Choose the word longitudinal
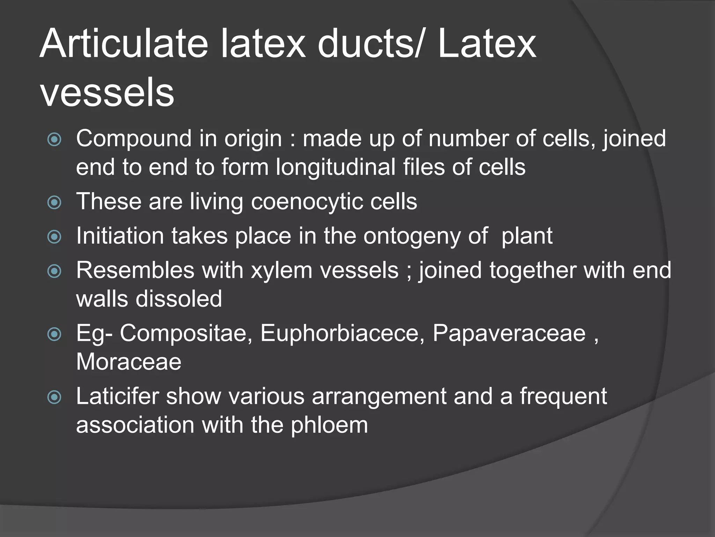point(336,167)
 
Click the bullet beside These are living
point(54,202)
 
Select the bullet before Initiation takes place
point(54,237)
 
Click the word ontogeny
point(412,237)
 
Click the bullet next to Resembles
point(54,271)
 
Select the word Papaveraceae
point(509,333)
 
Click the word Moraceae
point(129,361)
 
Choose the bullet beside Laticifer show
point(54,397)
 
